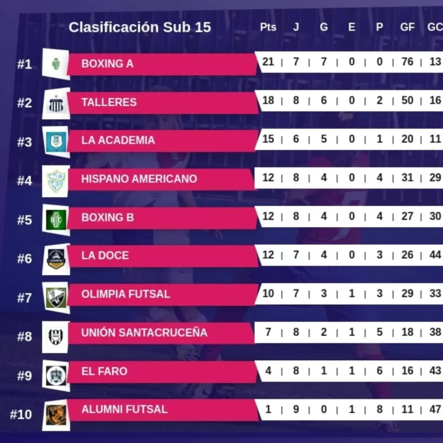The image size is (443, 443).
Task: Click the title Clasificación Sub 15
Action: click(140, 27)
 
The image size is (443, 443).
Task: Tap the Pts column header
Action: click(268, 27)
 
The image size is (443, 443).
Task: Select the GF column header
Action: click(407, 27)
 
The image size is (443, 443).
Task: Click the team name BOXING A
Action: click(107, 63)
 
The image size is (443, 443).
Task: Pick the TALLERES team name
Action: click(109, 102)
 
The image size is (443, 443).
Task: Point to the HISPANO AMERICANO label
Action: click(139, 179)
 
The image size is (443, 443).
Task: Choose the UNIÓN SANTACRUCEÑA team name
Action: click(144, 333)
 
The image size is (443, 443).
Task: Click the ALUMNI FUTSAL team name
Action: click(124, 410)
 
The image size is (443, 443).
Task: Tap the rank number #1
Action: click(24, 64)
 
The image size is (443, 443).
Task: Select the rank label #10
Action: click(21, 414)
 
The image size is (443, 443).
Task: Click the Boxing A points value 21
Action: click(268, 61)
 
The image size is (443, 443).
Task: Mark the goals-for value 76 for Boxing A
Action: click(407, 61)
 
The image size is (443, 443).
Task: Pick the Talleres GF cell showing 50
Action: click(407, 100)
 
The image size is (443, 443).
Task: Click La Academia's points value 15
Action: click(268, 139)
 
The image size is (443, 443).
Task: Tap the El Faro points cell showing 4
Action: click(268, 370)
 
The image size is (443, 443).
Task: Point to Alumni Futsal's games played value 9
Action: click(296, 409)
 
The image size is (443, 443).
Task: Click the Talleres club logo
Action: click(56, 104)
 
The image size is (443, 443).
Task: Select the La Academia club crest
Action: click(56, 142)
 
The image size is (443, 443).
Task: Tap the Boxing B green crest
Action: click(56, 219)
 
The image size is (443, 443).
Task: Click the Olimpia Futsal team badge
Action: click(56, 297)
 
